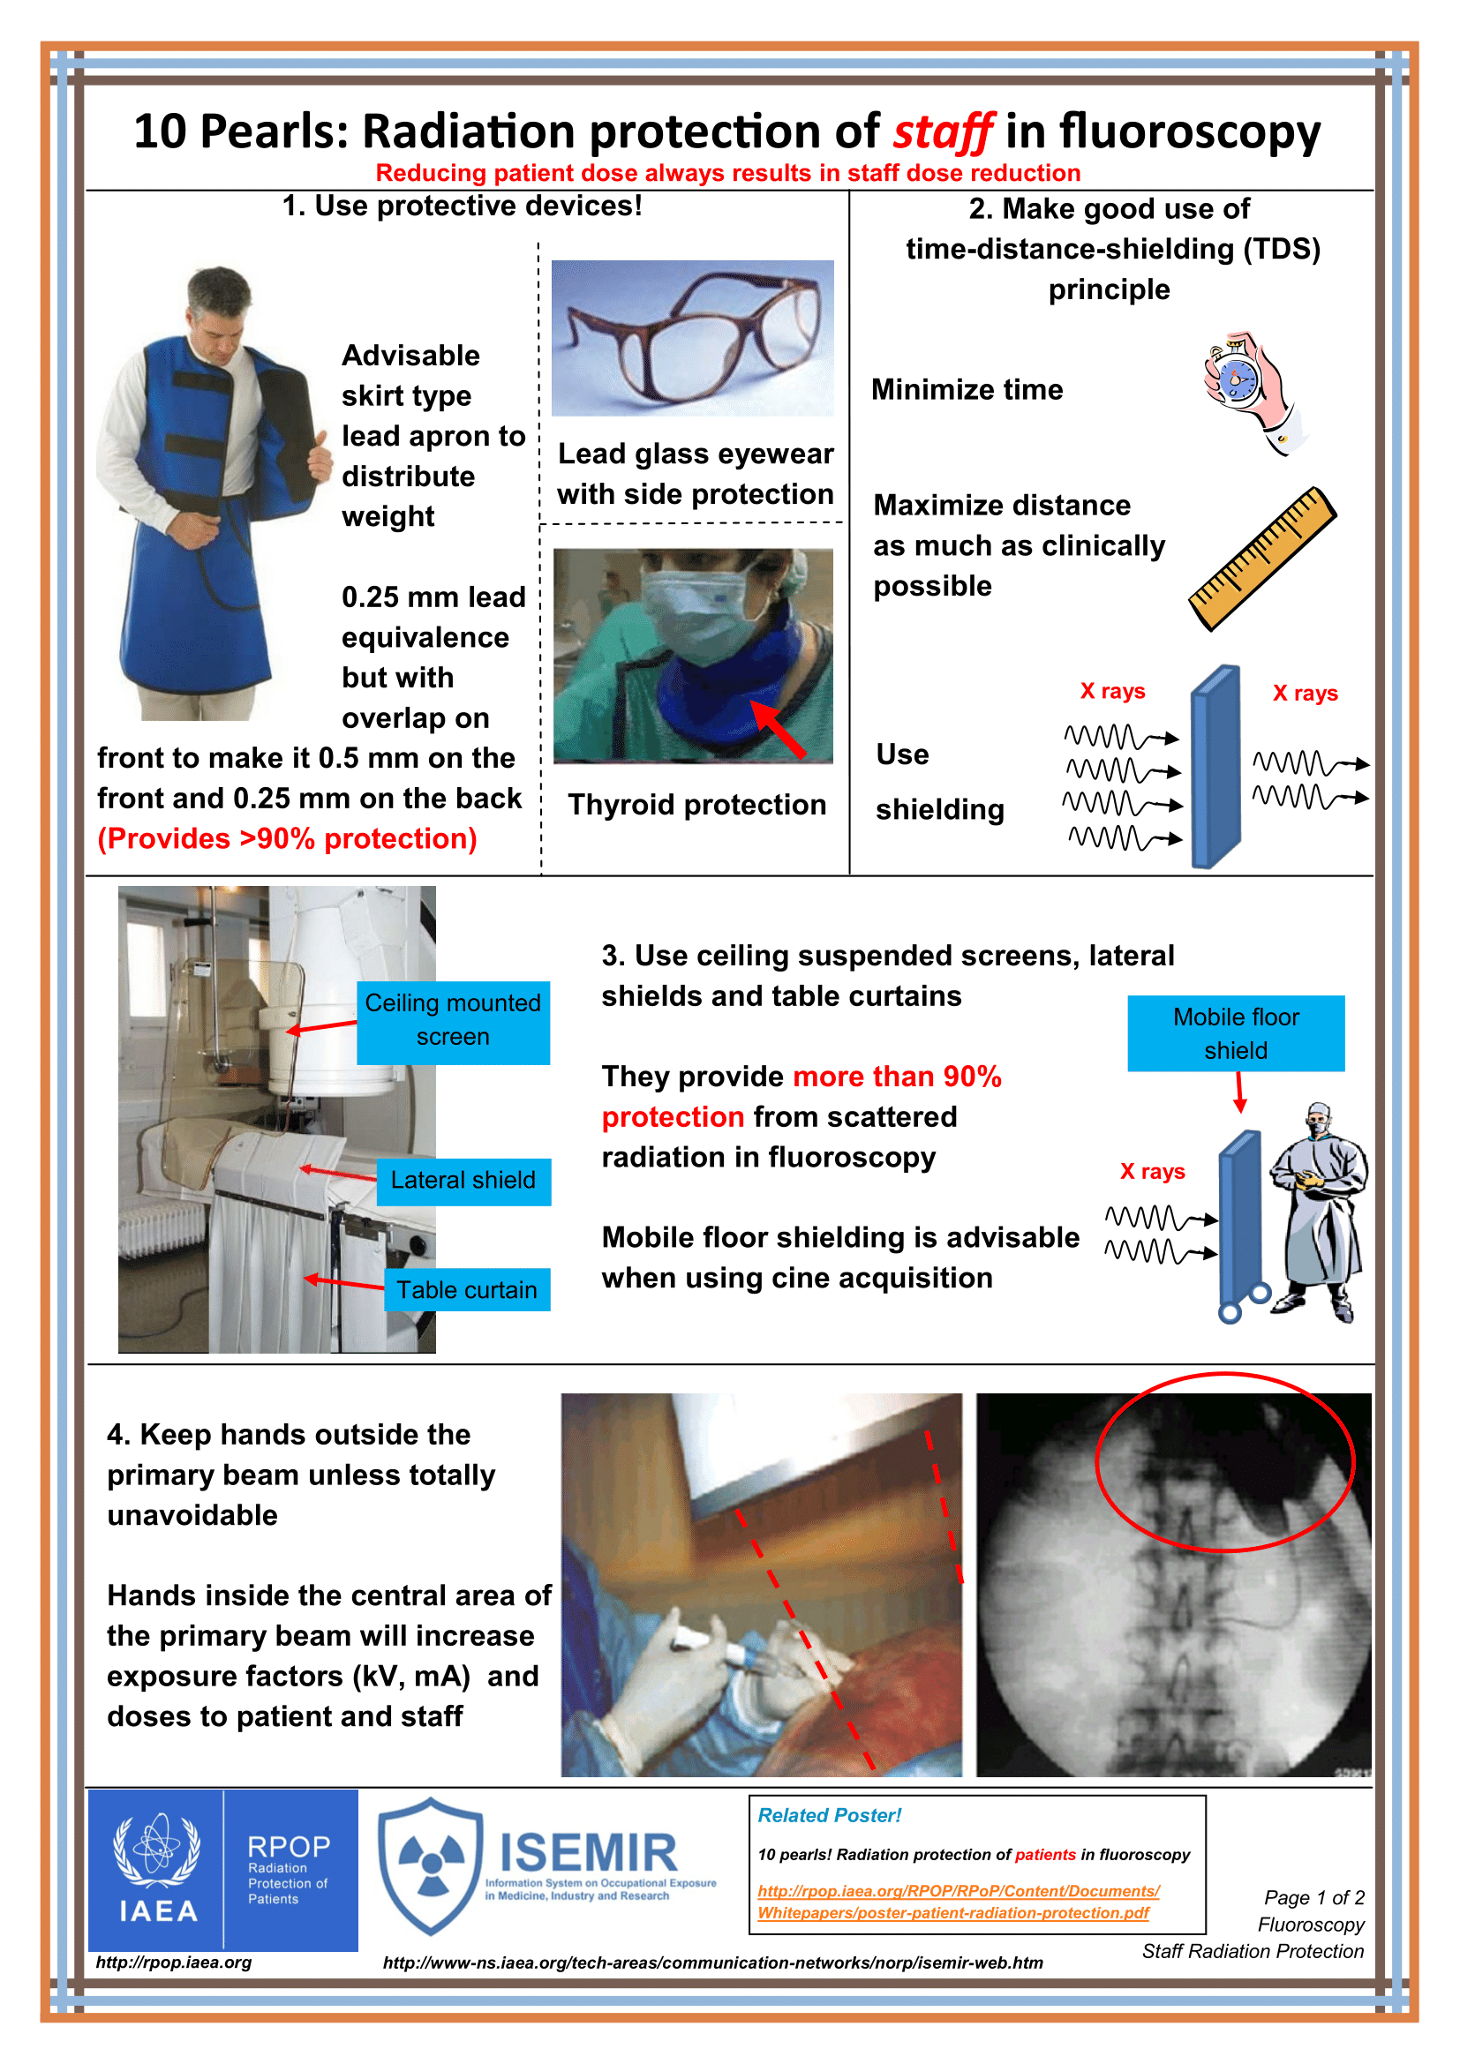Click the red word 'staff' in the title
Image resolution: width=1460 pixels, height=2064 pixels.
[x=942, y=132]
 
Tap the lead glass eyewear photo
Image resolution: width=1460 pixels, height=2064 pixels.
[x=692, y=338]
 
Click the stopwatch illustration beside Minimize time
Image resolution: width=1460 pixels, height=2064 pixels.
[x=1250, y=388]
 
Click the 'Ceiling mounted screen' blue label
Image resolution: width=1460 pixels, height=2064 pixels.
[x=452, y=1022]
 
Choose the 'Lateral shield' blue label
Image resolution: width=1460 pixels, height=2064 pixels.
[x=463, y=1181]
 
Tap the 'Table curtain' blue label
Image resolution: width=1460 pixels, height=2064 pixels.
[x=467, y=1290]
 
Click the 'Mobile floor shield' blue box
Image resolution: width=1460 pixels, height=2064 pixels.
[x=1235, y=1033]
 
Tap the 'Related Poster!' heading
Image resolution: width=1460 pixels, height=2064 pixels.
[x=829, y=1815]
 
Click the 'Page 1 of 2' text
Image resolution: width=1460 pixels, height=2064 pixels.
[x=1313, y=1898]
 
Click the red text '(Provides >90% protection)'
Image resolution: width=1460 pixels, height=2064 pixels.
[x=287, y=838]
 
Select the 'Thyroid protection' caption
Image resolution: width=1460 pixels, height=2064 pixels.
[x=696, y=805]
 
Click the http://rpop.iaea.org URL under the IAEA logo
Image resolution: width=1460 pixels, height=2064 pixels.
[x=174, y=1963]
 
